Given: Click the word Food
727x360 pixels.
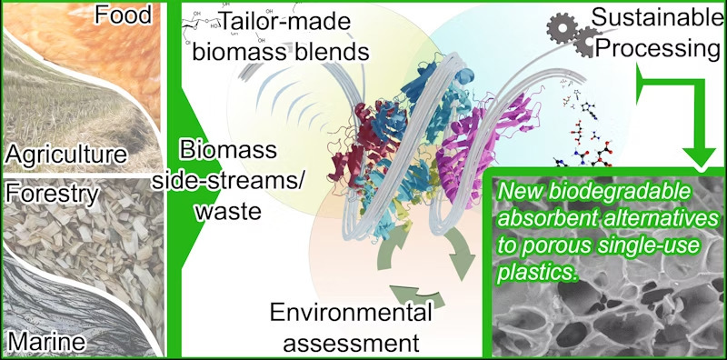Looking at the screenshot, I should (124, 16).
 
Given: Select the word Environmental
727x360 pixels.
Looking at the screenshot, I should (350, 315).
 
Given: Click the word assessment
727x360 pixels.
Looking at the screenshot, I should (350, 344).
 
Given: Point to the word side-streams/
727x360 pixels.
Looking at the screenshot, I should (239, 178).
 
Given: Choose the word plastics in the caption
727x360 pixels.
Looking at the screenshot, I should (540, 272).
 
